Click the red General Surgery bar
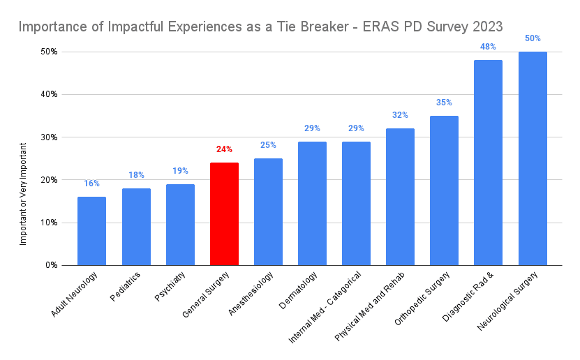click(x=224, y=213)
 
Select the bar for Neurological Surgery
click(x=533, y=158)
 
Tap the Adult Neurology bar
click(x=91, y=231)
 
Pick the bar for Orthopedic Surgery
click(x=444, y=190)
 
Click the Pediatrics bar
click(x=136, y=227)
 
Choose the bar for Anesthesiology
click(x=268, y=211)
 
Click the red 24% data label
click(x=224, y=149)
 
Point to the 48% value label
click(x=488, y=47)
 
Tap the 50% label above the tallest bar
click(x=533, y=38)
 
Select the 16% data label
click(x=91, y=183)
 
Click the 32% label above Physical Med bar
click(x=400, y=115)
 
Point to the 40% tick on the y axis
click(x=48, y=94)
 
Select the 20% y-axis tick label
click(x=48, y=180)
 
